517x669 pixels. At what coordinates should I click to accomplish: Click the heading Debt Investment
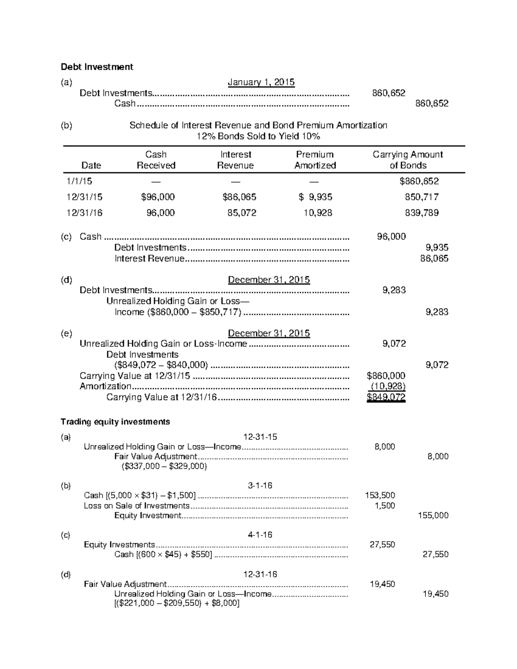97,67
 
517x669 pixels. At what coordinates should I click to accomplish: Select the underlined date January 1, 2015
261,82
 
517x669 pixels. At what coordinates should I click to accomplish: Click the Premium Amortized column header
315,160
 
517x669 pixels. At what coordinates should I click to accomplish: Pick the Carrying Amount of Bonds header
408,160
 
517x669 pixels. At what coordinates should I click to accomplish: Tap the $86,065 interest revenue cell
239,197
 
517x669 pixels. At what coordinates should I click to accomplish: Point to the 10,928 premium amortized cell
318,212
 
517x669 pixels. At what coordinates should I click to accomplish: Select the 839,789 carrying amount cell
421,212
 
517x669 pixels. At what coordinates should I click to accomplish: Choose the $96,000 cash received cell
158,197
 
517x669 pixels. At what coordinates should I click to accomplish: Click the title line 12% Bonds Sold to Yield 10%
258,137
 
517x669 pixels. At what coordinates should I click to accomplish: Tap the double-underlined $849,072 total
386,397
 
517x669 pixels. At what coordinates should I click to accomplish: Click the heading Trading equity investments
115,422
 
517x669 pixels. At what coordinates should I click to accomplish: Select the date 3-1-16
260,485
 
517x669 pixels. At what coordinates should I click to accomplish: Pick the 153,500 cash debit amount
380,495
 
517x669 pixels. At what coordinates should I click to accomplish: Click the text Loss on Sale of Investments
137,506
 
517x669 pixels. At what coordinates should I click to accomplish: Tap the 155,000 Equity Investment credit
433,515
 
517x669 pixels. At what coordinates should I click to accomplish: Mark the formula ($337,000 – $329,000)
164,466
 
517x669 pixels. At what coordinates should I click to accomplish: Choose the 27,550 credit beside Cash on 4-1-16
435,554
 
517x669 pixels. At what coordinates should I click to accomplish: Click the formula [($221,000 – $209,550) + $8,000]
177,603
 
